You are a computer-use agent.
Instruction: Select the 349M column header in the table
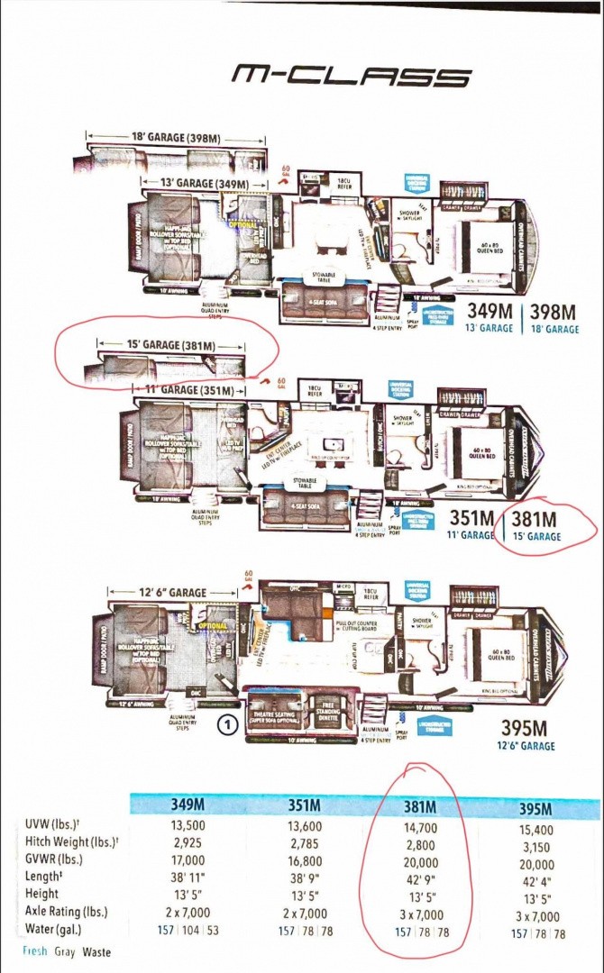[193, 805]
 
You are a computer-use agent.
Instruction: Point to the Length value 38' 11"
[193, 881]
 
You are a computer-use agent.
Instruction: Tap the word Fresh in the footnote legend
[34, 951]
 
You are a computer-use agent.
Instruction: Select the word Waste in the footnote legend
[96, 951]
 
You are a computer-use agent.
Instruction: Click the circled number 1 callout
[230, 723]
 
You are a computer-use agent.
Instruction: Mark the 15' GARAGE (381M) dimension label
[170, 345]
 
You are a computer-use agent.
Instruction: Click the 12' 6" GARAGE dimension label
[174, 593]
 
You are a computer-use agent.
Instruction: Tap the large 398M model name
[553, 313]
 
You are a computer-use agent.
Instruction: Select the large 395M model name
[524, 728]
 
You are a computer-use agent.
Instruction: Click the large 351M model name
[472, 519]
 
